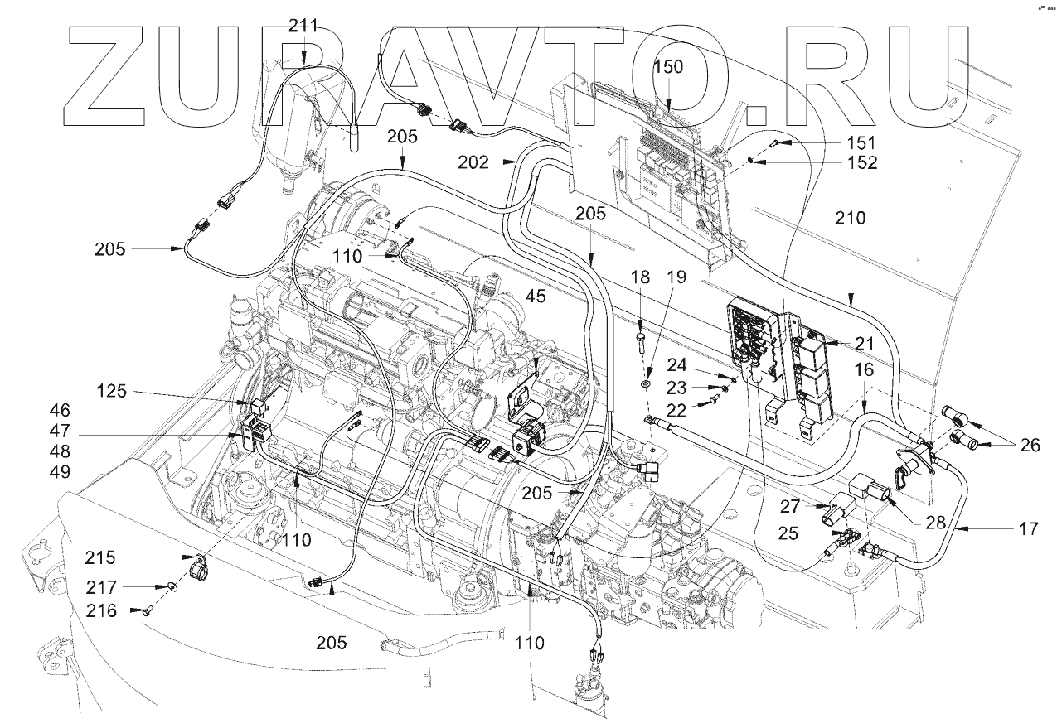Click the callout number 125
[112, 390]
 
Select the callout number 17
[1028, 528]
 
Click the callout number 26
[1029, 445]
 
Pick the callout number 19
[677, 277]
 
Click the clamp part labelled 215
[197, 569]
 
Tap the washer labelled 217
[171, 587]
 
